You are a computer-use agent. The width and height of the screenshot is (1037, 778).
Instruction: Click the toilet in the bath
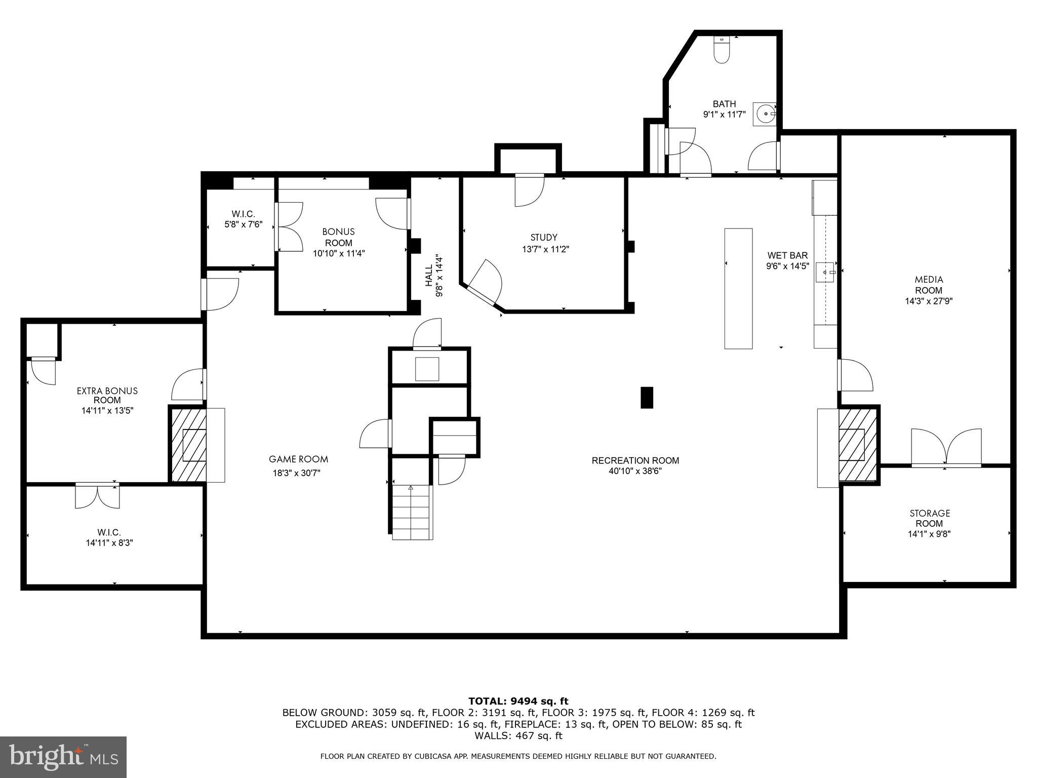pos(721,50)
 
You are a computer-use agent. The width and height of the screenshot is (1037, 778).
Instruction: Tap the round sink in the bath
pos(764,113)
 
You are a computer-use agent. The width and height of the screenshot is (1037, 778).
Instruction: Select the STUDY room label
pos(544,237)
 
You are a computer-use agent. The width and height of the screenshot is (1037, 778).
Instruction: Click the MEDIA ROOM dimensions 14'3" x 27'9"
pos(929,301)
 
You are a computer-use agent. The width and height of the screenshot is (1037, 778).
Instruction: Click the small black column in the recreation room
pos(647,398)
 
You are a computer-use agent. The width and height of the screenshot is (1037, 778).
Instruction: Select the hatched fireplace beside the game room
pos(188,445)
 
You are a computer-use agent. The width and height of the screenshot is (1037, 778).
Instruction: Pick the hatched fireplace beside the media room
pos(858,444)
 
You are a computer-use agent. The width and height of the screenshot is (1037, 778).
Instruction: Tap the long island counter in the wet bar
pos(738,288)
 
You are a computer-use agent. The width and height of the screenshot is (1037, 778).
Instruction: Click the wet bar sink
pos(825,273)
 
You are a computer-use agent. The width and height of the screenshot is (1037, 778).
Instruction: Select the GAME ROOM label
pos(298,459)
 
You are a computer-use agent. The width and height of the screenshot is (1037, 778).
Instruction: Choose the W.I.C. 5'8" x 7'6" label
pos(243,219)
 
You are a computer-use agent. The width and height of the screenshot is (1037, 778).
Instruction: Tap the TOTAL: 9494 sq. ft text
pos(518,701)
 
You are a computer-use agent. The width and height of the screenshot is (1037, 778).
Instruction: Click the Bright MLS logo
pos(63,757)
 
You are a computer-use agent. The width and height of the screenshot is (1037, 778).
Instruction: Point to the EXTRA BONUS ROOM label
pos(107,395)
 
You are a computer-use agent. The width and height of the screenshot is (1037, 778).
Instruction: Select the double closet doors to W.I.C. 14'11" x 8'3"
pos(98,496)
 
